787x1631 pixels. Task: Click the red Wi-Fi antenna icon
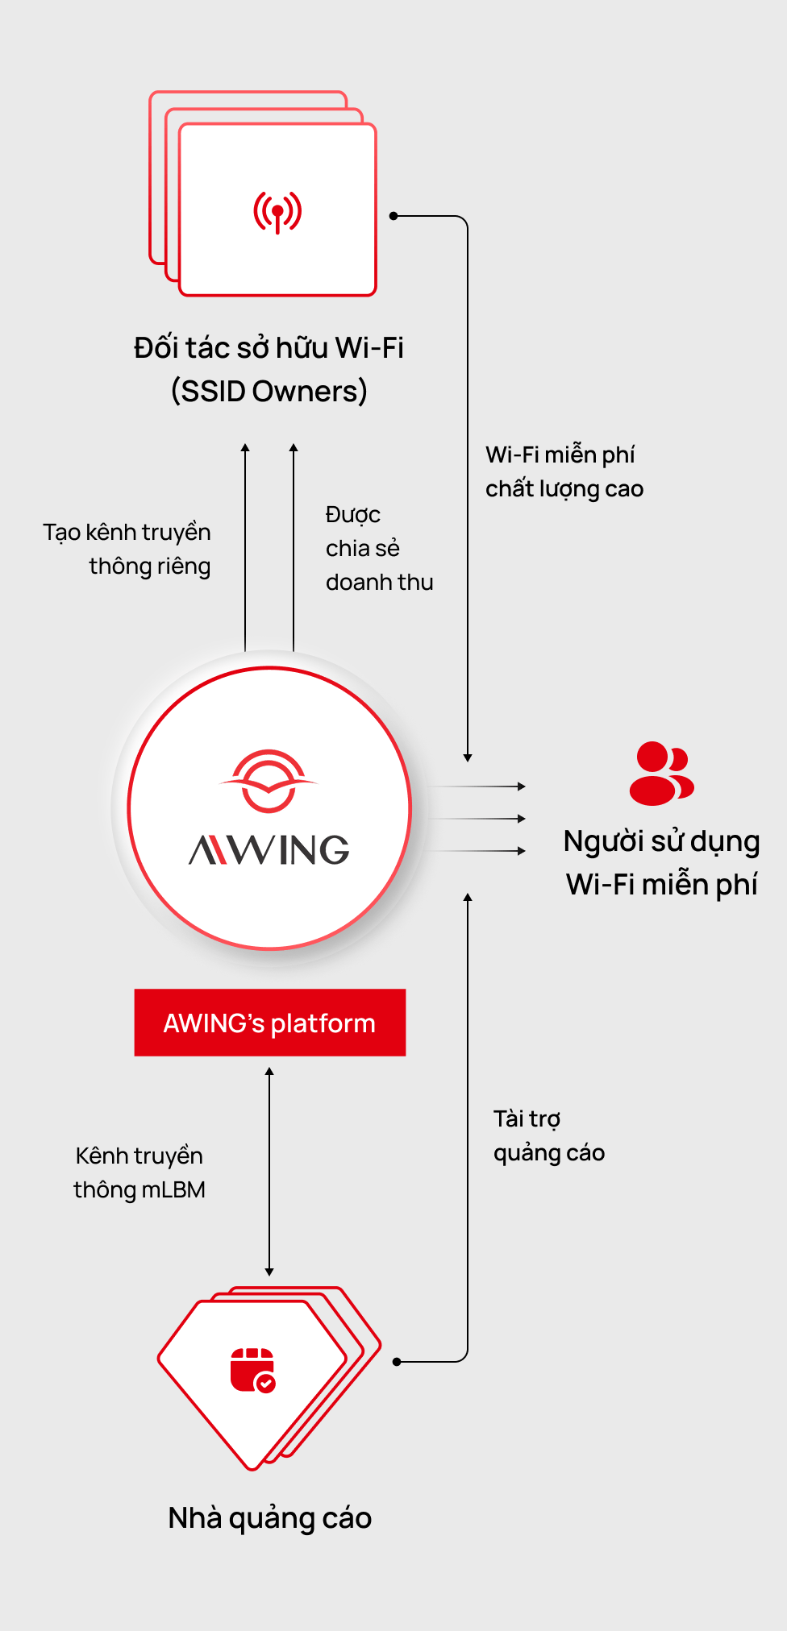pos(277,212)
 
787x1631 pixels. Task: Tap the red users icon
pos(661,774)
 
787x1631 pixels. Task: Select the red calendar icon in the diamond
pos(252,1370)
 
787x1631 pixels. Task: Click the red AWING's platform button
pos(269,1023)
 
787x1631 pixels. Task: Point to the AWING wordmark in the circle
pos(269,850)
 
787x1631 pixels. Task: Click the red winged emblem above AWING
pos(269,780)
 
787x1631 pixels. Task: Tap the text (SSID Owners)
pos(269,392)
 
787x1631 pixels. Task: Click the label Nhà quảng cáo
pos(269,1518)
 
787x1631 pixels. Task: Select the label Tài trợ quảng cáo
pos(548,1135)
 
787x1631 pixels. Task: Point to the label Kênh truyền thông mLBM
pos(139,1172)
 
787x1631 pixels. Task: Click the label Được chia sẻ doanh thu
pos(378,548)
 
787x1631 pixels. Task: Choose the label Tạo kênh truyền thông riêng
pos(128,549)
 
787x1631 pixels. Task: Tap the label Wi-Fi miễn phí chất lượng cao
pos(564,471)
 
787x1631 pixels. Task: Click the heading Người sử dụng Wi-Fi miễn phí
pos(661,862)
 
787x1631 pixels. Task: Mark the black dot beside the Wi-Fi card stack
pos(393,216)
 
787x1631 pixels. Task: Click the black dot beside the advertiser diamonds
pos(397,1362)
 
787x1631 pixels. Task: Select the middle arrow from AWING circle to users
pos(477,819)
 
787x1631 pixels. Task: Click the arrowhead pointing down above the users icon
pos(468,757)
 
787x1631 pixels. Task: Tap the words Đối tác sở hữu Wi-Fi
pos(269,348)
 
